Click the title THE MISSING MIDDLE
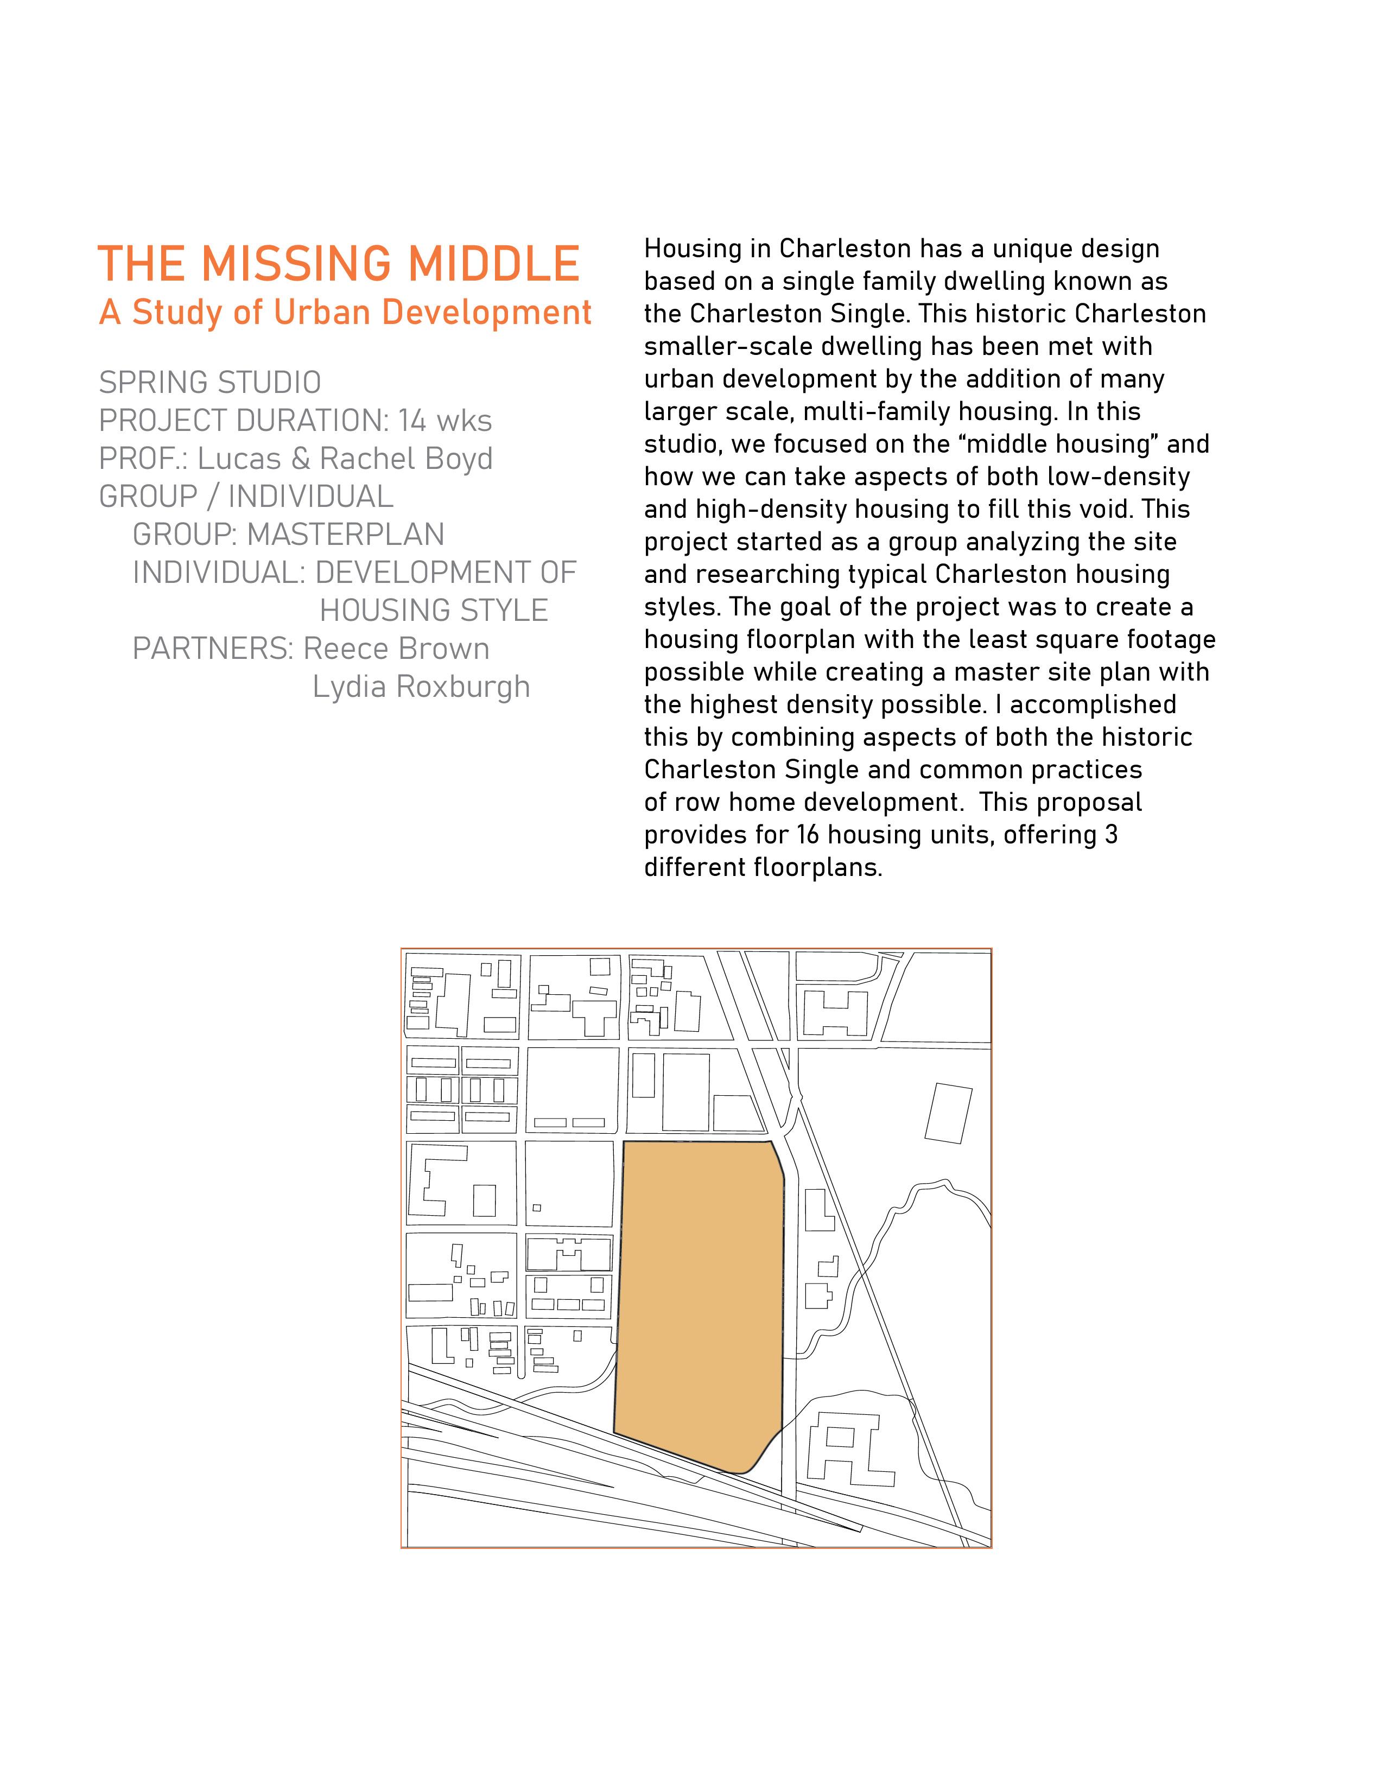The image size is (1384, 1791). click(x=339, y=264)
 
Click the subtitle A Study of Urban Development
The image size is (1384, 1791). click(x=345, y=313)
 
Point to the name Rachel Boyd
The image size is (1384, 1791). click(x=406, y=459)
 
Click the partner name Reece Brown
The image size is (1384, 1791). click(x=396, y=649)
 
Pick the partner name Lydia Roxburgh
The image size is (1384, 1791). click(x=421, y=687)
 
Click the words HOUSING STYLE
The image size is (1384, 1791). click(x=434, y=611)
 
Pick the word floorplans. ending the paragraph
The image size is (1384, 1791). click(x=824, y=868)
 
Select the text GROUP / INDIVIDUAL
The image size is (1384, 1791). click(x=246, y=497)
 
